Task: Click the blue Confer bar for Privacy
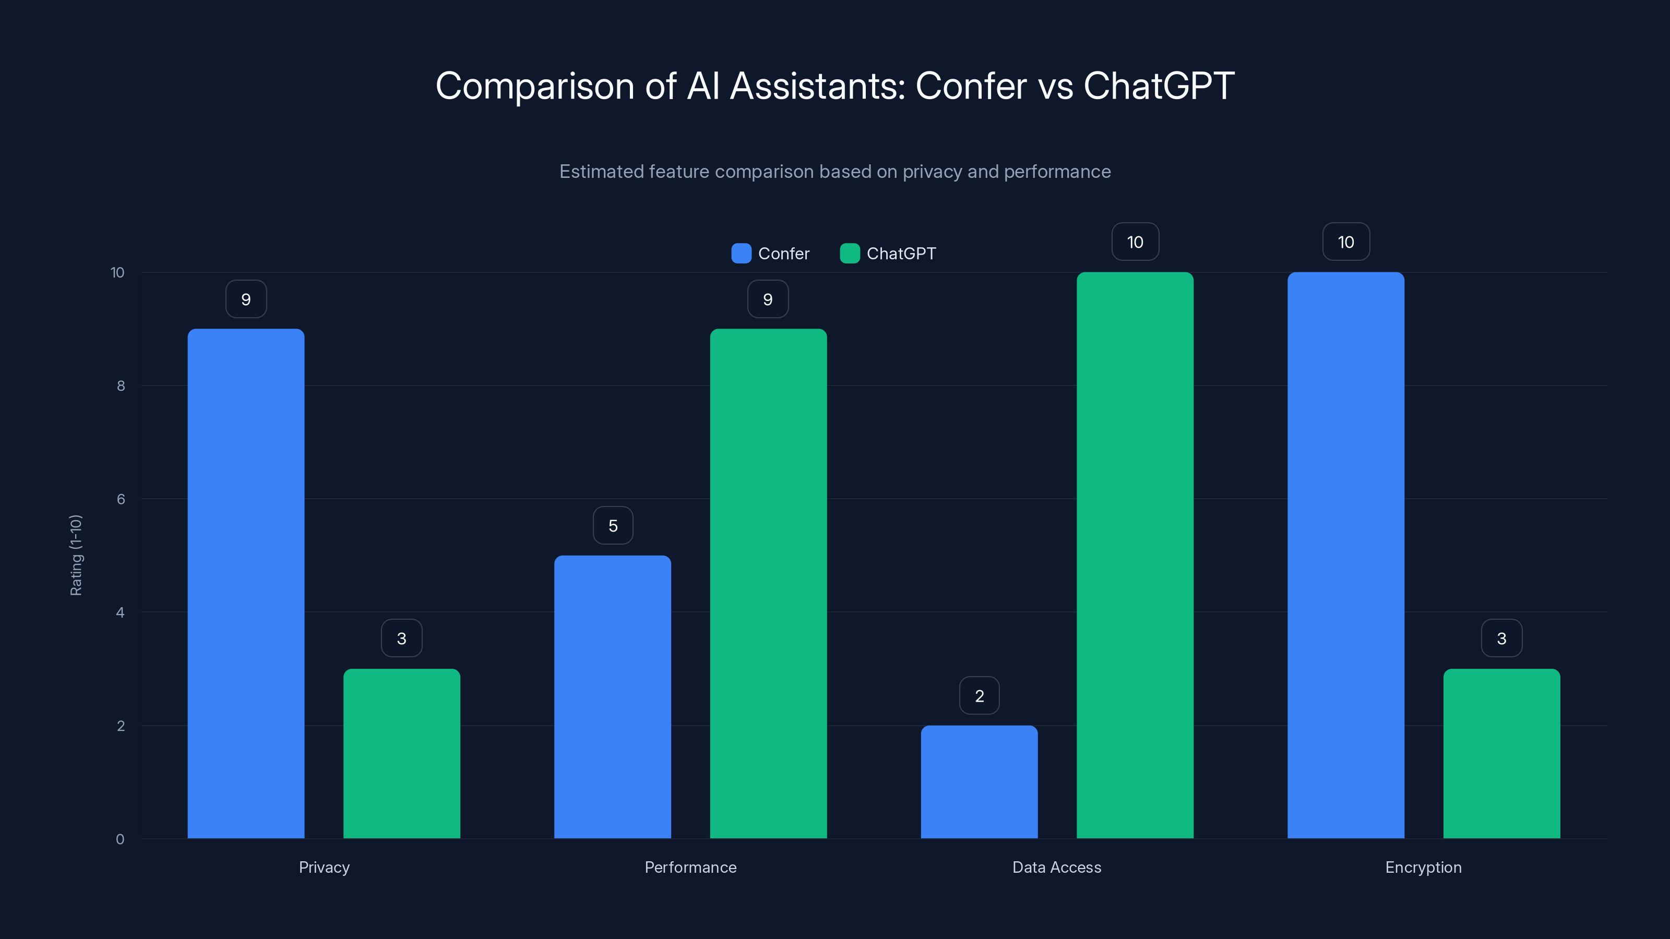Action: point(246,583)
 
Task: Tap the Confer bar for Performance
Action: point(612,696)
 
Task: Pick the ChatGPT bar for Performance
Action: point(768,583)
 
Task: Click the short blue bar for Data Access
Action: point(979,781)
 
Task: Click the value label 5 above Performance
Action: point(613,525)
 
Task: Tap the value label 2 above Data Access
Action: point(979,695)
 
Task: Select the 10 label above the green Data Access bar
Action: point(1135,242)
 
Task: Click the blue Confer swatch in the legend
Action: point(741,254)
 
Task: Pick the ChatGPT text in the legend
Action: point(901,254)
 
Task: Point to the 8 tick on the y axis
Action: point(121,386)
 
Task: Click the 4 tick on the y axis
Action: point(120,612)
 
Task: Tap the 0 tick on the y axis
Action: point(120,839)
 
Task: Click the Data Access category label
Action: point(1057,867)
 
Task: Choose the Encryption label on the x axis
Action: point(1423,867)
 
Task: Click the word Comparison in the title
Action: point(534,86)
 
